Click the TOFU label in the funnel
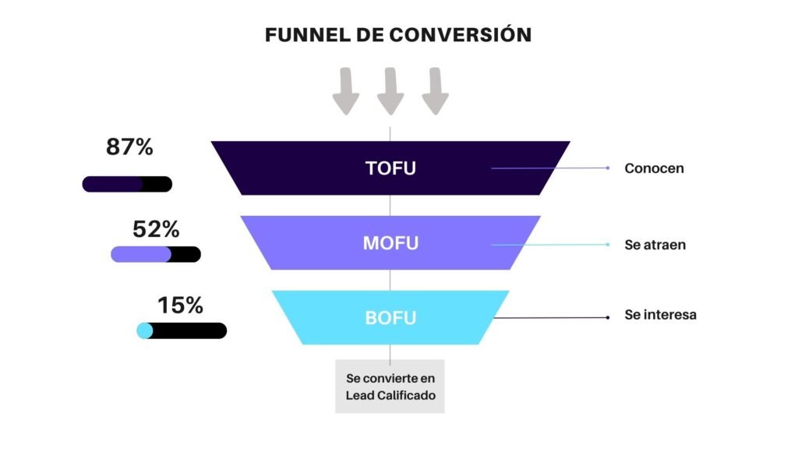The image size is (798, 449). click(390, 168)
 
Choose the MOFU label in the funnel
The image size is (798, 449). click(390, 243)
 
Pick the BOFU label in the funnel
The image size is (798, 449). click(390, 318)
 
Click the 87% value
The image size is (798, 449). click(129, 147)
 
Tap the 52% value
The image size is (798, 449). click(156, 230)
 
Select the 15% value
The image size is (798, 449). click(180, 306)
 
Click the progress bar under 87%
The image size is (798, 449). click(127, 185)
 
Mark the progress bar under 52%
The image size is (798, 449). click(156, 254)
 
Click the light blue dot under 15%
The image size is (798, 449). click(144, 331)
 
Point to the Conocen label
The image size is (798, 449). click(654, 168)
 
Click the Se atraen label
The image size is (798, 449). click(655, 245)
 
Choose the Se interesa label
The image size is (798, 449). click(660, 316)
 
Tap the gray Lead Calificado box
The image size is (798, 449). click(390, 387)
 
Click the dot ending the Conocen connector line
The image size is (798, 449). click(608, 168)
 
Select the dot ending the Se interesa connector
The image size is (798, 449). click(608, 316)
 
